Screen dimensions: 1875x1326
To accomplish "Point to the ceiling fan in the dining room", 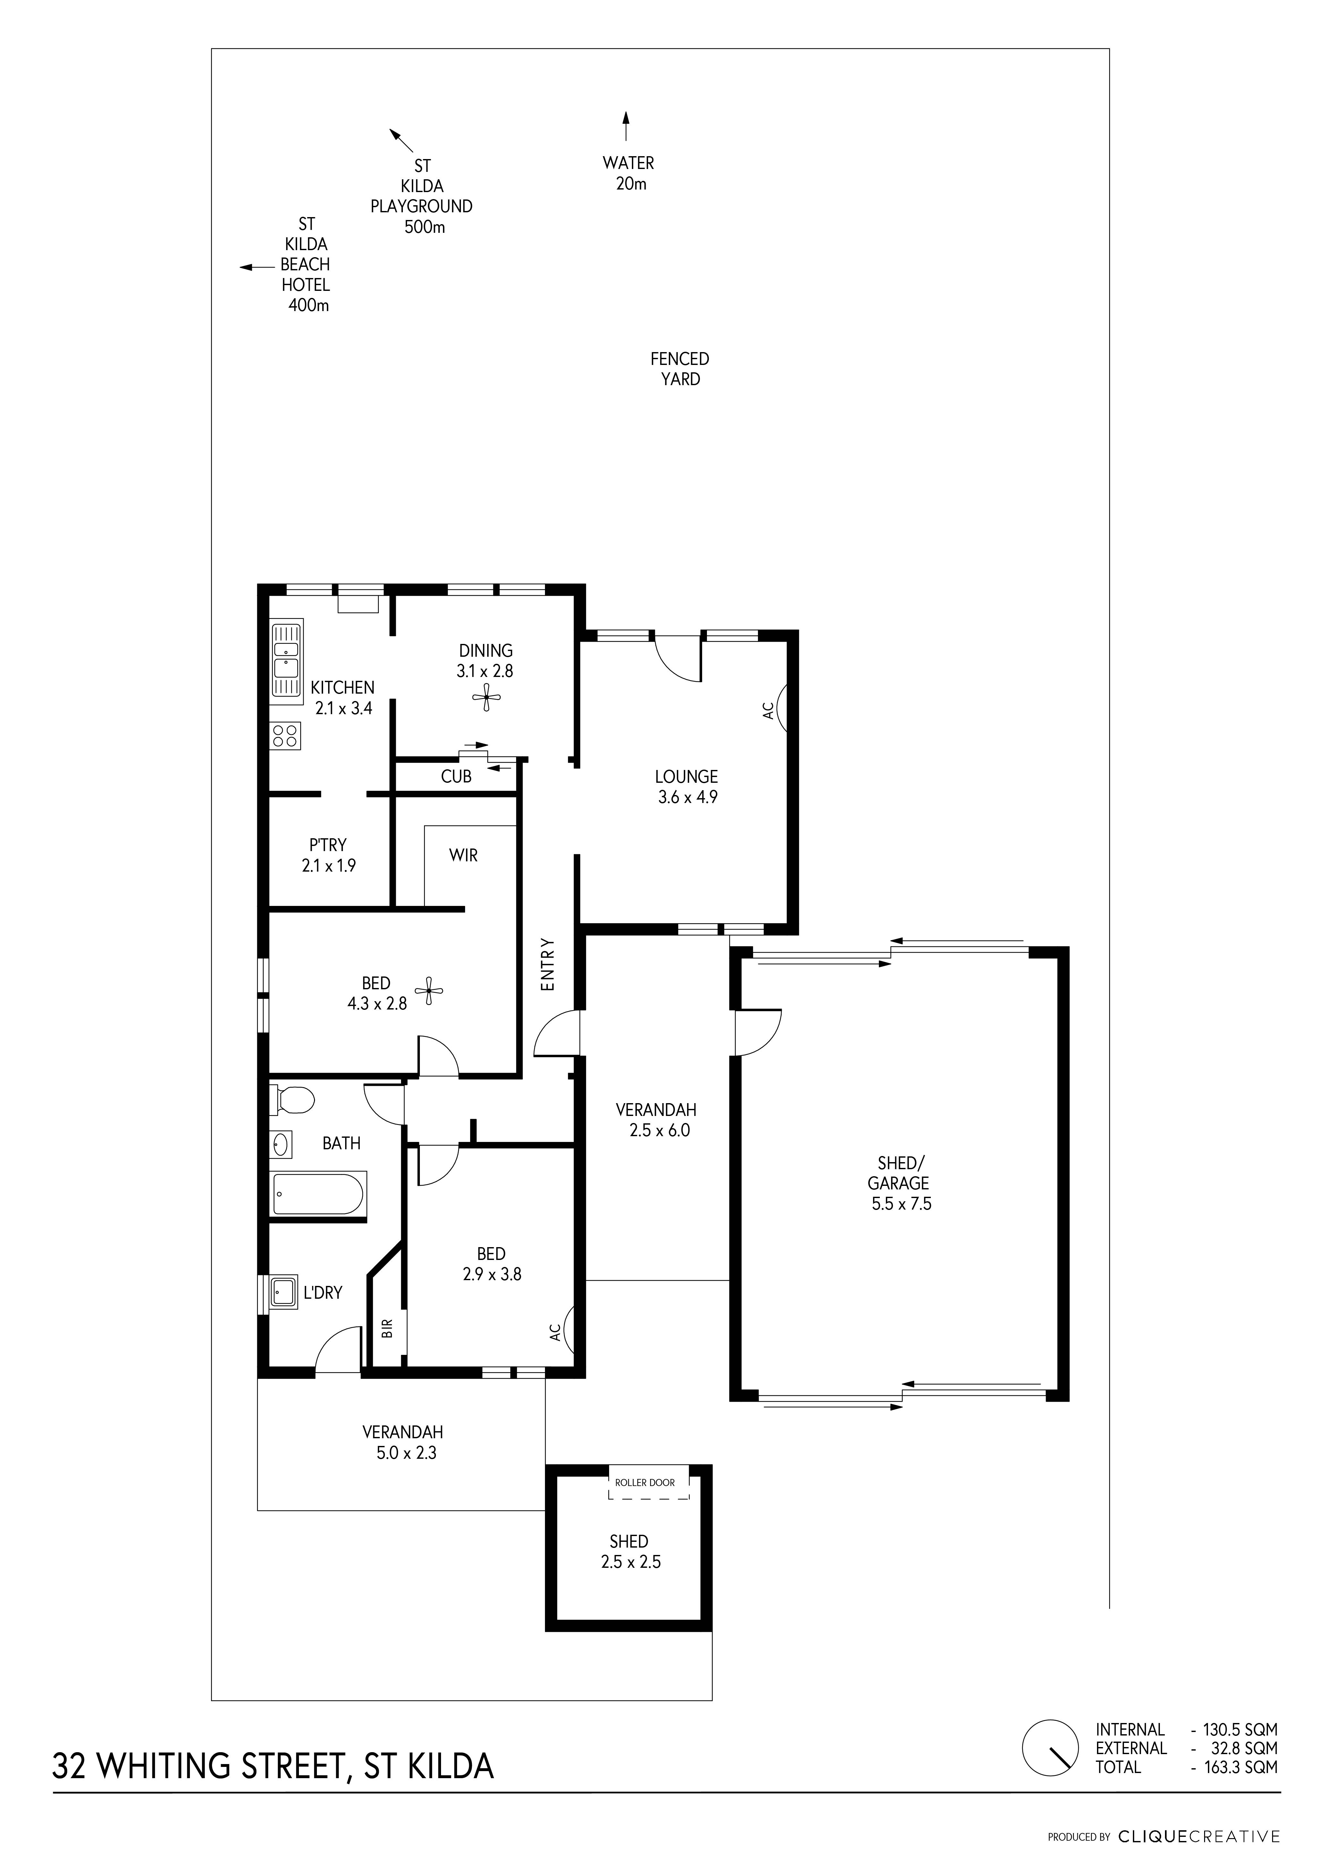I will click(487, 698).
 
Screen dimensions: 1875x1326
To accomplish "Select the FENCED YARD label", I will click(680, 368).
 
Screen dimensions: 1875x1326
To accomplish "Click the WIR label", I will click(463, 855).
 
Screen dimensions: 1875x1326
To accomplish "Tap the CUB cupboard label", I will click(456, 777).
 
